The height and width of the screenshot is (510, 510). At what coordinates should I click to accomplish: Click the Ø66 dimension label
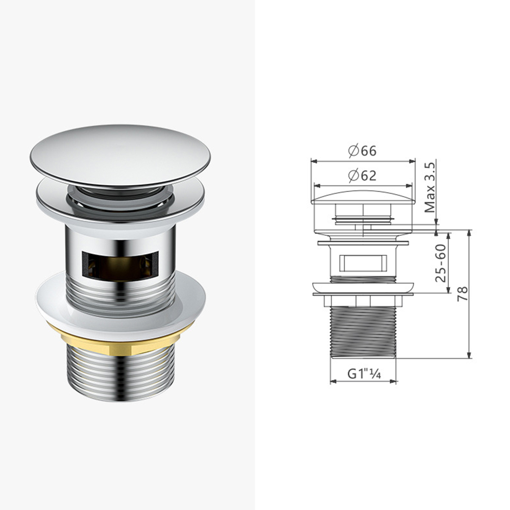pos(362,151)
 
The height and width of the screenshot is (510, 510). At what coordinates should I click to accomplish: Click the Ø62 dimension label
pos(362,175)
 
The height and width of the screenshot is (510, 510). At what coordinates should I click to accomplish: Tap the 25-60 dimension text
pos(441,263)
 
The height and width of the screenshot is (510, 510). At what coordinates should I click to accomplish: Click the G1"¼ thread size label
pos(364,375)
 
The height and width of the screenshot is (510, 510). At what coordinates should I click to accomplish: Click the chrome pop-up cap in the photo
pos(120,154)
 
